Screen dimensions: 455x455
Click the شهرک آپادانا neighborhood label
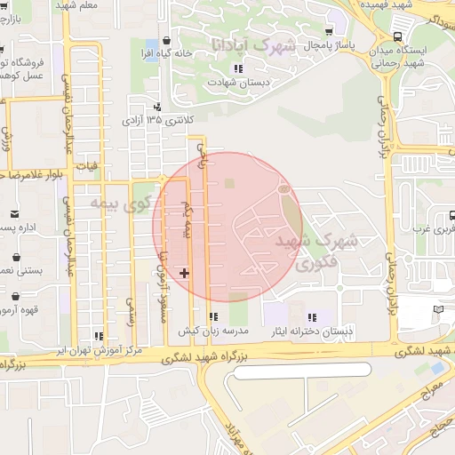[253, 43]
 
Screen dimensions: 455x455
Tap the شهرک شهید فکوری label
[307, 251]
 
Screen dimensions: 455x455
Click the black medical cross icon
[184, 272]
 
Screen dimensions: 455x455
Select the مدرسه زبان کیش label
[214, 331]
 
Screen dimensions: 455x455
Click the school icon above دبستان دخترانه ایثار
[311, 317]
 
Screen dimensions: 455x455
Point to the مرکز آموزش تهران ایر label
[99, 350]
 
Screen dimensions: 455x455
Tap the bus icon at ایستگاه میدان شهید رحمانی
[396, 36]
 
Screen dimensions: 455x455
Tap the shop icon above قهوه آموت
[15, 297]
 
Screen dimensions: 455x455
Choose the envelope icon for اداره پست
[15, 213]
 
